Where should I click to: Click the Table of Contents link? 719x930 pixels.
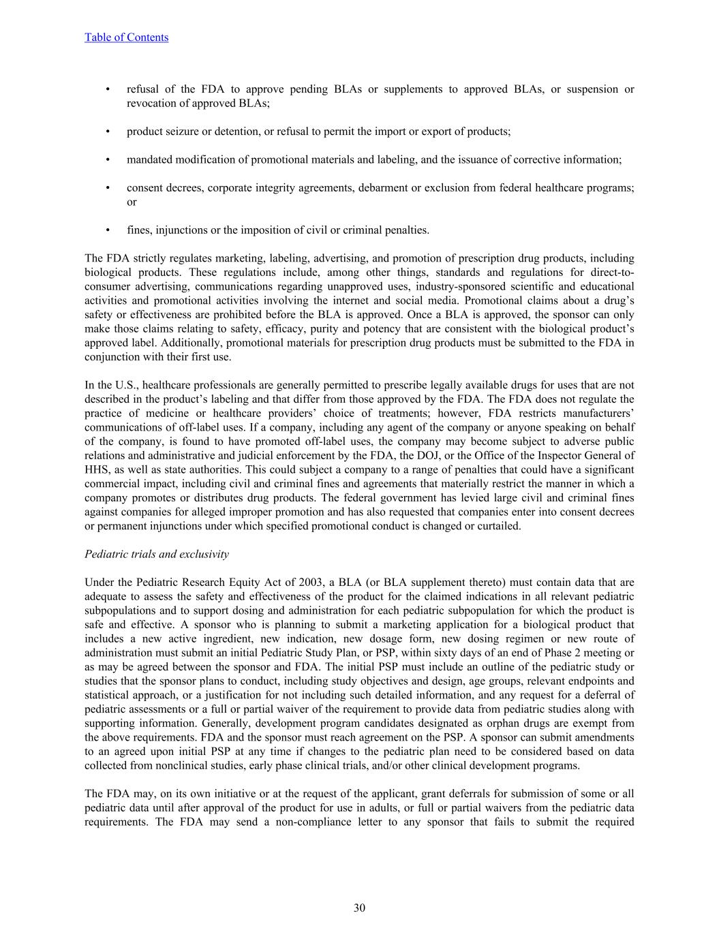tap(126, 37)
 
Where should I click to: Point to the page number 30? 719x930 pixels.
tap(359, 908)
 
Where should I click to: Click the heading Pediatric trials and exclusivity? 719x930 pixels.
tap(157, 554)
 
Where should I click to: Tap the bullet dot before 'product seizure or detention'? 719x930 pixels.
tap(108, 131)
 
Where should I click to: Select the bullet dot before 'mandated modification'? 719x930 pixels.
tap(108, 159)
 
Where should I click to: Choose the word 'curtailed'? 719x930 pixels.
tap(498, 526)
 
